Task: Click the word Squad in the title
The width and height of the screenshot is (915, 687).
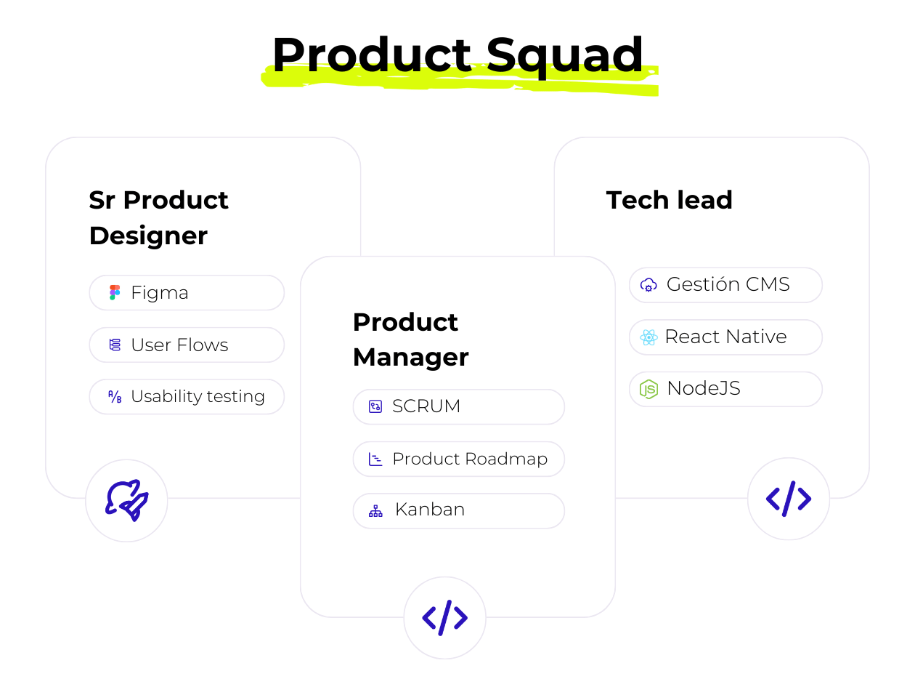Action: [x=565, y=55]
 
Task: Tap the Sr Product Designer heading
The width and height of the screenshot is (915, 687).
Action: [x=158, y=217]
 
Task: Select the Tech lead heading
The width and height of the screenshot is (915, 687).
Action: [x=669, y=200]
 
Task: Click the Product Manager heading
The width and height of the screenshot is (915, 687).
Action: [x=410, y=340]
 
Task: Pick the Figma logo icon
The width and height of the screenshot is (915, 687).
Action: [x=115, y=293]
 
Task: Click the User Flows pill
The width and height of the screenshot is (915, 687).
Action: [x=187, y=345]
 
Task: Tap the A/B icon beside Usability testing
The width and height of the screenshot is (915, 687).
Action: [x=115, y=396]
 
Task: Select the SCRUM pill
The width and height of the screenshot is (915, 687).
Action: [x=458, y=406]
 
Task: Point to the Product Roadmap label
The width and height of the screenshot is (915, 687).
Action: [x=469, y=459]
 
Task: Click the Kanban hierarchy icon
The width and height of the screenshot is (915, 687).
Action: [x=375, y=510]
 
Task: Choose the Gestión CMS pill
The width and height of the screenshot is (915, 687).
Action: [x=725, y=284]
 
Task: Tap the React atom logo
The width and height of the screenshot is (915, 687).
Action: [x=648, y=337]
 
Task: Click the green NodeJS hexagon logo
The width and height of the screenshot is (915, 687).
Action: [x=648, y=389]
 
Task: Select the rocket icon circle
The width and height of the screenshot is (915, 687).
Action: [x=126, y=500]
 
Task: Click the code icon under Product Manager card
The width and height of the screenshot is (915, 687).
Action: [x=444, y=618]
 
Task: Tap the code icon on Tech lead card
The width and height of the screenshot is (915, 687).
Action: [x=788, y=499]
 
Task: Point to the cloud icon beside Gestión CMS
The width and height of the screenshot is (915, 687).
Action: [x=648, y=285]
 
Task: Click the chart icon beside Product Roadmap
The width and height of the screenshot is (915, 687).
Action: [x=375, y=459]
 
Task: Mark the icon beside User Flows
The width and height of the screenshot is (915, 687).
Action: [x=115, y=345]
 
